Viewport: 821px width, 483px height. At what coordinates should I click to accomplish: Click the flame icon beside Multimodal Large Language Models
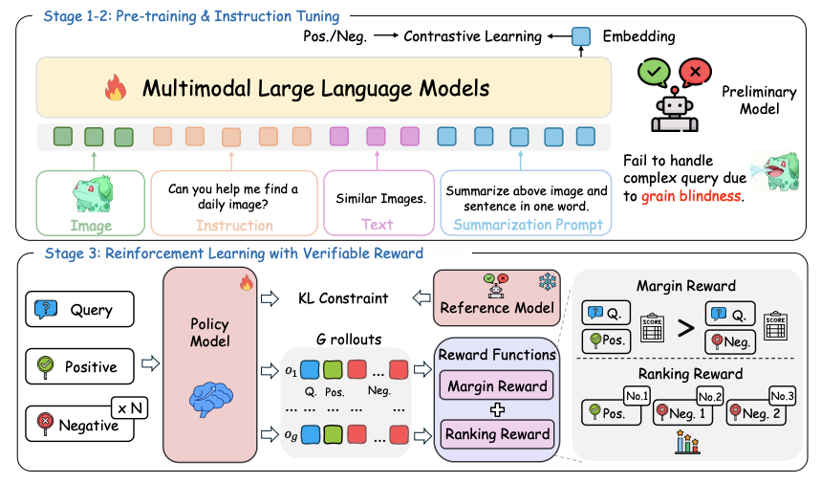pyautogui.click(x=116, y=87)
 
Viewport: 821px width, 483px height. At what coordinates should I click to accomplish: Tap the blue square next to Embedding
pyautogui.click(x=581, y=36)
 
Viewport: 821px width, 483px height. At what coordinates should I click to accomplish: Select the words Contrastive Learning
pyautogui.click(x=472, y=36)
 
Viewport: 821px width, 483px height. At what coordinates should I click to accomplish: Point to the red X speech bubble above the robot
pyautogui.click(x=695, y=72)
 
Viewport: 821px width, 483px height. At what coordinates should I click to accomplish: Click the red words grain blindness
pyautogui.click(x=692, y=196)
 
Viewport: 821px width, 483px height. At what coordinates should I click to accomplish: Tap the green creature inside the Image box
pyautogui.click(x=93, y=194)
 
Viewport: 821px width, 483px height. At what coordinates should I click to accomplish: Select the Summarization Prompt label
pyautogui.click(x=528, y=225)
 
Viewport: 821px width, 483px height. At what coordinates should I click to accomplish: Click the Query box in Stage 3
pyautogui.click(x=79, y=309)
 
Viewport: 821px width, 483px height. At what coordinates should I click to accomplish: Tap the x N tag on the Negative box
pyautogui.click(x=130, y=408)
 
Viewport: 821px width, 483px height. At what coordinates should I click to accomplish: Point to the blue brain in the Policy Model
pyautogui.click(x=210, y=399)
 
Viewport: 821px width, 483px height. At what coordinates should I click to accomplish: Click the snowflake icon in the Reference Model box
pyautogui.click(x=548, y=282)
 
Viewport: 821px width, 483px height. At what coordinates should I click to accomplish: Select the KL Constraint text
pyautogui.click(x=343, y=298)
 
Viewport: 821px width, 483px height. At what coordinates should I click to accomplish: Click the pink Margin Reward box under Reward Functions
pyautogui.click(x=496, y=386)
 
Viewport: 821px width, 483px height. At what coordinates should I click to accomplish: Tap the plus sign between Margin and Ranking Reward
pyautogui.click(x=497, y=409)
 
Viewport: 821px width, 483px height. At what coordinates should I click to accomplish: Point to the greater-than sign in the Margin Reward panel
pyautogui.click(x=685, y=328)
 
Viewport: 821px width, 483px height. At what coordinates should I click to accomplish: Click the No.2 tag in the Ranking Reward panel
pyautogui.click(x=710, y=397)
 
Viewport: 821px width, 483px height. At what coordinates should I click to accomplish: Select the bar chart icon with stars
pyautogui.click(x=687, y=442)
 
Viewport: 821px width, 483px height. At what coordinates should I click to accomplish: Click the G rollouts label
pyautogui.click(x=349, y=340)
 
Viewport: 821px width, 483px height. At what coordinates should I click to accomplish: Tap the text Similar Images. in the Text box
pyautogui.click(x=380, y=199)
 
